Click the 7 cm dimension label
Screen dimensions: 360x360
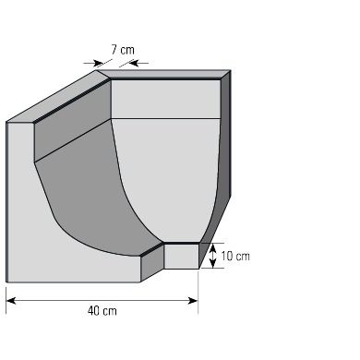[123, 50]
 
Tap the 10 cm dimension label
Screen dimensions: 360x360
[235, 256]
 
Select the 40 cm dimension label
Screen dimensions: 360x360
[102, 311]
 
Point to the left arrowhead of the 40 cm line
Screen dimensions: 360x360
[11, 301]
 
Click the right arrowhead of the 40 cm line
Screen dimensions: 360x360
[193, 301]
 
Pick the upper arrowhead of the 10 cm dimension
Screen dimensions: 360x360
[212, 247]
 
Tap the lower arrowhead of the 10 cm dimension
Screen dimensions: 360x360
[212, 263]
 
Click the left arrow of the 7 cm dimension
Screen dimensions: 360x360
[94, 63]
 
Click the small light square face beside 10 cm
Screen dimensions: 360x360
[181, 256]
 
